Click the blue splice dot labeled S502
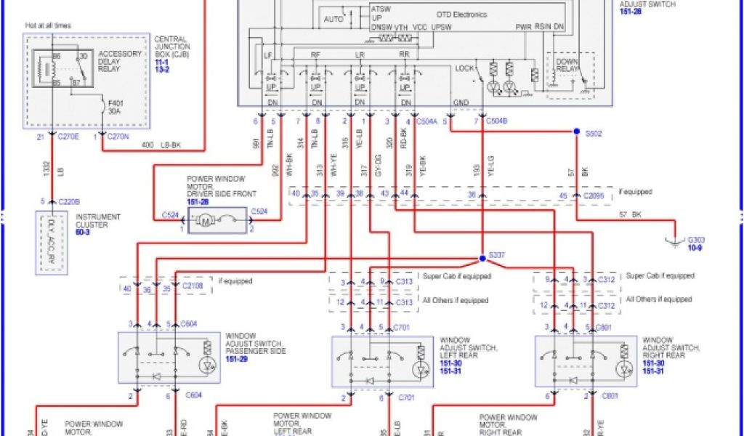tap(576, 132)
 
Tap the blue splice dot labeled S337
tap(482, 258)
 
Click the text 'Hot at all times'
tap(48, 25)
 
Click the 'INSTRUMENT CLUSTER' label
tap(98, 221)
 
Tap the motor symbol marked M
tap(205, 220)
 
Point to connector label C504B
tap(496, 121)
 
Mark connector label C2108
tap(193, 287)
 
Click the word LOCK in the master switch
tap(464, 68)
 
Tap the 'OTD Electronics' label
tap(461, 15)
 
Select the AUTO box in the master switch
tap(333, 19)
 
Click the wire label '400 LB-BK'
tap(161, 145)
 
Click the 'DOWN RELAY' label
tap(567, 66)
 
